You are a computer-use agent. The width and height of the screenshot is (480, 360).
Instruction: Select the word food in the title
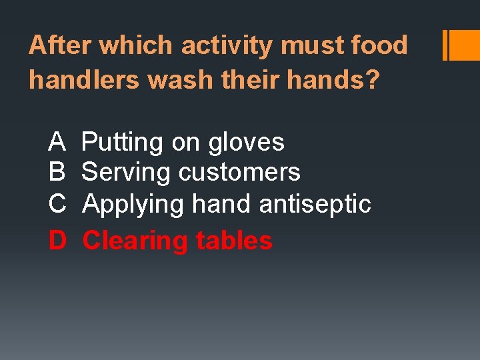coord(379,45)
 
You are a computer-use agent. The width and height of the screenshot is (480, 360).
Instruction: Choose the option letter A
coord(57,142)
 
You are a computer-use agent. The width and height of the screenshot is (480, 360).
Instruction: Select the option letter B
coord(57,172)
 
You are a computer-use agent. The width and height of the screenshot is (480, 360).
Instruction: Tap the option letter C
coord(57,203)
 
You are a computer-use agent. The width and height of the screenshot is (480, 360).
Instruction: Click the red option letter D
coord(57,240)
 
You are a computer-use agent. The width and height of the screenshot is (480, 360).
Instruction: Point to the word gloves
coord(246,142)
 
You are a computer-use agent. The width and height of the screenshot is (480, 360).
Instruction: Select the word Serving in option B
coord(126,172)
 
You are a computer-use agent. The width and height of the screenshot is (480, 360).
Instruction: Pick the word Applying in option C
coord(133,204)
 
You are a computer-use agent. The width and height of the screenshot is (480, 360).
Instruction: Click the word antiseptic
coord(315,203)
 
